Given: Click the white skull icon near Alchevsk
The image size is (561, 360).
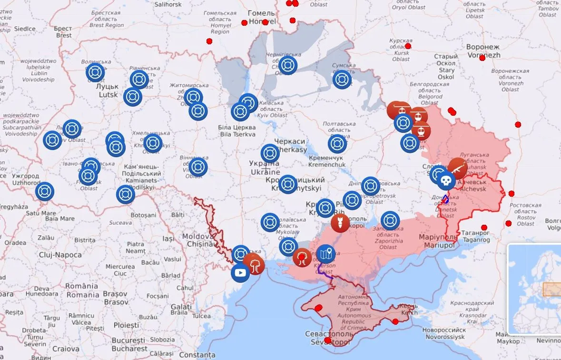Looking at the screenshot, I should pyautogui.click(x=445, y=180).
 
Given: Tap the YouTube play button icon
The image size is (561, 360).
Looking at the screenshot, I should pyautogui.click(x=240, y=273).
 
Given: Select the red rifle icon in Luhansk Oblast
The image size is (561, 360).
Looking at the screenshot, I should pyautogui.click(x=457, y=167).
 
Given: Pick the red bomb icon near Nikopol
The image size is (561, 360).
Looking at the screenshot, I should pyautogui.click(x=340, y=223).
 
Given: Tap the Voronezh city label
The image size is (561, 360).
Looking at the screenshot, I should pyautogui.click(x=483, y=51).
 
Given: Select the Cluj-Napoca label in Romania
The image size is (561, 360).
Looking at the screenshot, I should pyautogui.click(x=60, y=255).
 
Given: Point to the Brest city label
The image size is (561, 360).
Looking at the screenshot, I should pyautogui.click(x=63, y=32).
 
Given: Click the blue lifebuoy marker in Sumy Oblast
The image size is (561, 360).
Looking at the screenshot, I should pyautogui.click(x=342, y=80).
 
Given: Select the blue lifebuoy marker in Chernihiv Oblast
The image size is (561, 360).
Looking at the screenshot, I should pyautogui.click(x=288, y=66).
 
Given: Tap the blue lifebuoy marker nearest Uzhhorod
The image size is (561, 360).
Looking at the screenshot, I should pyautogui.click(x=45, y=191).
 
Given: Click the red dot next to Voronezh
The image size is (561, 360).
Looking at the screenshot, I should pyautogui.click(x=482, y=58).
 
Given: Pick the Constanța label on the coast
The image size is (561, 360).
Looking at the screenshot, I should pyautogui.click(x=197, y=355).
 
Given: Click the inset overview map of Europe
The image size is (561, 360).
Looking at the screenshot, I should pyautogui.click(x=534, y=289).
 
